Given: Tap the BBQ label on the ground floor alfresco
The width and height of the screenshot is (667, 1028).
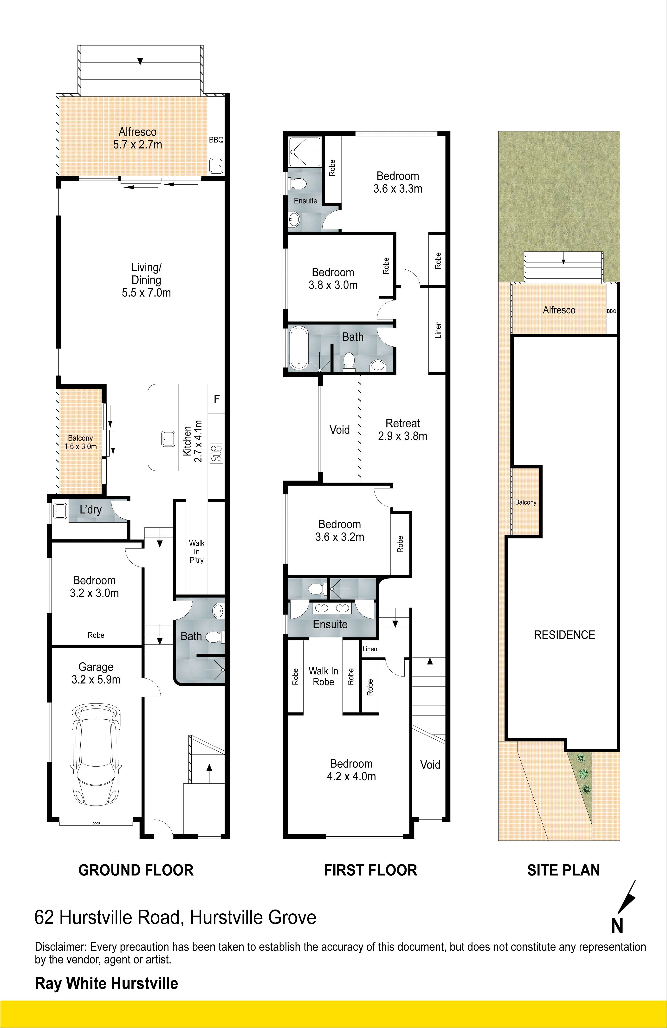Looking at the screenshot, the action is (x=216, y=140).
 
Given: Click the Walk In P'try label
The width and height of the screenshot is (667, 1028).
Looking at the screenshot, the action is (x=197, y=552).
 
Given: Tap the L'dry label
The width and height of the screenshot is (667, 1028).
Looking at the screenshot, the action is (x=91, y=510).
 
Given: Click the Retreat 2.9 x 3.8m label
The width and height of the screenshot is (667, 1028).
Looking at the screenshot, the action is (x=403, y=430).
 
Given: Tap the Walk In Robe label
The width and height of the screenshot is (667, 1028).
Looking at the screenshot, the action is (x=324, y=677).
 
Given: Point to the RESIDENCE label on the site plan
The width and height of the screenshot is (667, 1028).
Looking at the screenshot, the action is (x=565, y=635).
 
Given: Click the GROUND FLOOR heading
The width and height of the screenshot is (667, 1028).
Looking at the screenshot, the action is (x=136, y=870).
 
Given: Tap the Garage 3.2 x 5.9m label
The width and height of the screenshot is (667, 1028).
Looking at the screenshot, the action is (x=96, y=673).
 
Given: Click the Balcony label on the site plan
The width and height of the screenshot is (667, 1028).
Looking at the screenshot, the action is (x=526, y=502).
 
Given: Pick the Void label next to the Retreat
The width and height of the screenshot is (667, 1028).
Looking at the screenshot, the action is (x=340, y=430).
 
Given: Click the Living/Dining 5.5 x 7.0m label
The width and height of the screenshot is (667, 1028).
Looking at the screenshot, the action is (x=146, y=280).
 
